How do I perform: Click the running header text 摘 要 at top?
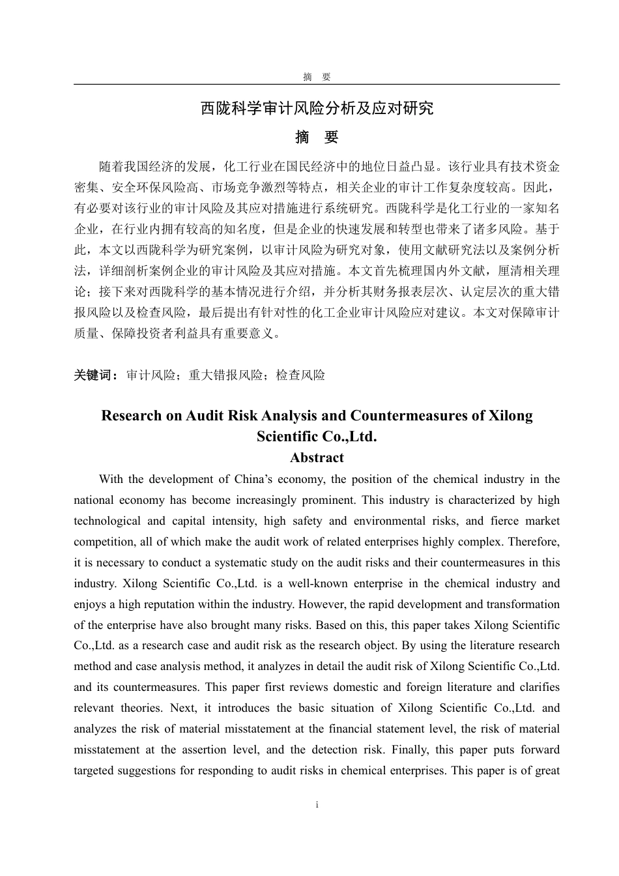tap(317, 77)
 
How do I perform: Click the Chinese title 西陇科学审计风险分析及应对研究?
tap(317, 108)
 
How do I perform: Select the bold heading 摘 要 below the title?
tap(317, 138)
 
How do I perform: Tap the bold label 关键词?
tap(95, 375)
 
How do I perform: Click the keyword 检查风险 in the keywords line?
tap(300, 375)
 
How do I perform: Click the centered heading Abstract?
tap(317, 458)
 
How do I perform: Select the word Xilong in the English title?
tap(510, 416)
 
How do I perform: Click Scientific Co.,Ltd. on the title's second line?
tap(317, 437)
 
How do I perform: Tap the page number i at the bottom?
tap(317, 805)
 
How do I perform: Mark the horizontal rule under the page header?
tap(317, 84)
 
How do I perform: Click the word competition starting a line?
tap(104, 542)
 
